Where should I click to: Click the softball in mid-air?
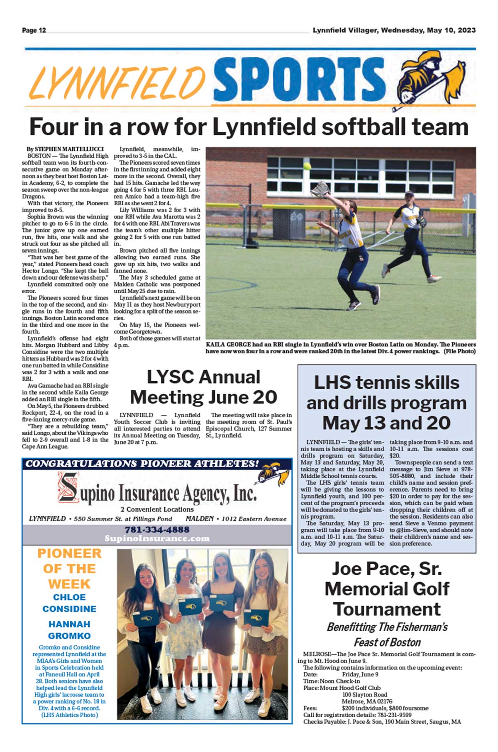(307, 166)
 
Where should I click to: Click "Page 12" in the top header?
(34, 30)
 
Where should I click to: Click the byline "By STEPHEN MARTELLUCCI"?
(65, 149)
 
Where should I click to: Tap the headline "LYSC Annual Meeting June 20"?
(203, 387)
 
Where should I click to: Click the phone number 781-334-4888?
(157, 530)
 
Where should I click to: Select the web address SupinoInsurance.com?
(157, 538)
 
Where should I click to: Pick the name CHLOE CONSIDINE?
(69, 603)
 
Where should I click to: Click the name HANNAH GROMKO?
(69, 630)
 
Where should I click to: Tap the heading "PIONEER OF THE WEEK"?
(69, 569)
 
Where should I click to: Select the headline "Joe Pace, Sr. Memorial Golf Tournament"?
(387, 589)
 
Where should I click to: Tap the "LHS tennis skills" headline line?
(386, 382)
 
